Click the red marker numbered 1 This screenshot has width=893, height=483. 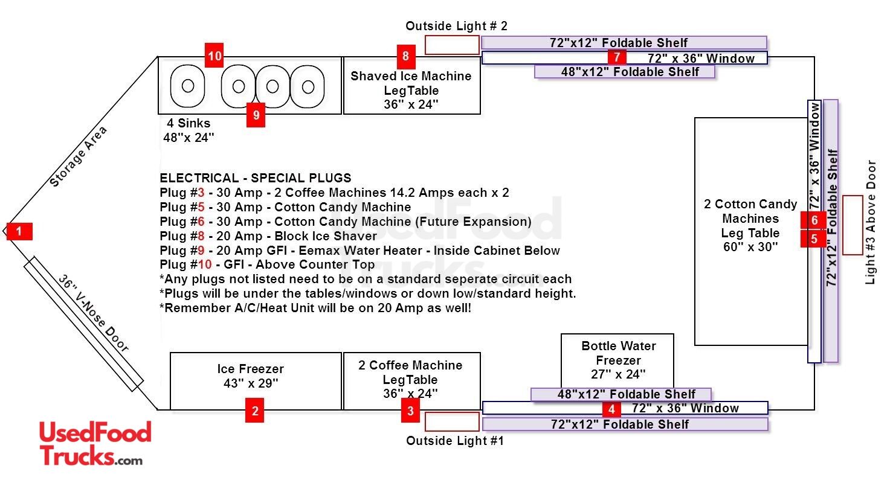(x=19, y=231)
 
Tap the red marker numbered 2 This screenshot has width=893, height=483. (x=255, y=412)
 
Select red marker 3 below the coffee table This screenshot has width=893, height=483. (x=411, y=412)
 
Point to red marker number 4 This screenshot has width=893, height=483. (x=611, y=409)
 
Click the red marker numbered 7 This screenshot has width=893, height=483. (x=617, y=57)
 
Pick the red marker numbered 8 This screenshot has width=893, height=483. (x=405, y=57)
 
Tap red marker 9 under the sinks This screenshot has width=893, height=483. (x=256, y=115)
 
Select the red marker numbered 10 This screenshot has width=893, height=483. (x=214, y=57)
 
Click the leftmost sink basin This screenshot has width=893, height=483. (x=188, y=86)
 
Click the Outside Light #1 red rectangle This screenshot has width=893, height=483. (x=452, y=422)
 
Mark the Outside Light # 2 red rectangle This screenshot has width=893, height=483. (x=452, y=45)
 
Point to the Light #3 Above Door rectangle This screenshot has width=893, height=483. (x=853, y=225)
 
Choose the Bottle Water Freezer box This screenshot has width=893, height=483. (x=617, y=360)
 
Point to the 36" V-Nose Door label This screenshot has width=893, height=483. (x=94, y=314)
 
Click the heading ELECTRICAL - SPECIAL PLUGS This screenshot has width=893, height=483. (x=255, y=178)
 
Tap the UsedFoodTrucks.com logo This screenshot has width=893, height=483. (x=95, y=444)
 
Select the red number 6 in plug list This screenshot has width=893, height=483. (x=202, y=222)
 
